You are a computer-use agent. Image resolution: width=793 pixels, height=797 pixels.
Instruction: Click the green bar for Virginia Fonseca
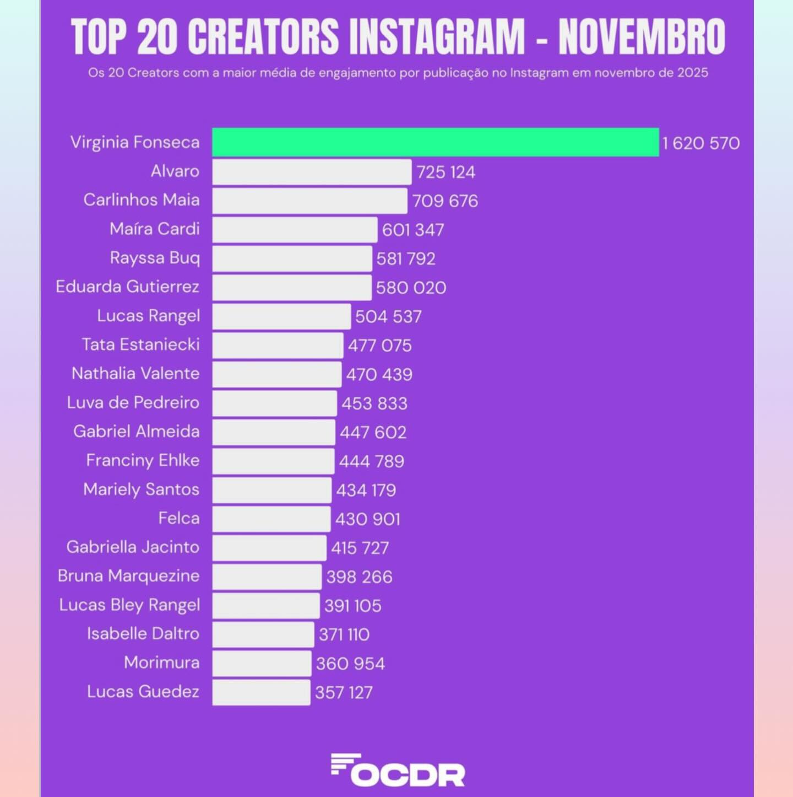pos(435,142)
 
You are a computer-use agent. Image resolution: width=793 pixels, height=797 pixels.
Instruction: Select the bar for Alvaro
pos(312,172)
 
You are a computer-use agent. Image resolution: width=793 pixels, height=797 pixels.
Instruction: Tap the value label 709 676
pos(445,201)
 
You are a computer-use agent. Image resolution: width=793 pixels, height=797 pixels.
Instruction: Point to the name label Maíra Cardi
pos(154,229)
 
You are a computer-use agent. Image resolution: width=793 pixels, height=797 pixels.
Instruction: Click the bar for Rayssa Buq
pos(292,259)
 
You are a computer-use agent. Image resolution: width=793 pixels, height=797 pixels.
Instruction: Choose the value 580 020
pos(411,288)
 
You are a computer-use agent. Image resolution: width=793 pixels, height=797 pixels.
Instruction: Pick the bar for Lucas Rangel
pos(281,316)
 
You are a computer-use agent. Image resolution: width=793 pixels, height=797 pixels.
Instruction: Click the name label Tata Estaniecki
pos(140,344)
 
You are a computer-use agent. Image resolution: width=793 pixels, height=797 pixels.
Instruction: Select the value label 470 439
pos(379,375)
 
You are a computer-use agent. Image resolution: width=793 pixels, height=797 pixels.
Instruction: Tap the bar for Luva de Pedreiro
pos(274,403)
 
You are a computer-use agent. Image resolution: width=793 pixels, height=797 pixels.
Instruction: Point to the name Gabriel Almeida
pos(136,431)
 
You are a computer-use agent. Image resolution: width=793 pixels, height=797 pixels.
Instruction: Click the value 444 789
pos(371,461)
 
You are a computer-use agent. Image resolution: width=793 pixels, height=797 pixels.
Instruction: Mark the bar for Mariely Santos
pos(271,490)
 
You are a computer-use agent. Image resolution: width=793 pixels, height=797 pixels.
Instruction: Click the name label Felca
pos(178,518)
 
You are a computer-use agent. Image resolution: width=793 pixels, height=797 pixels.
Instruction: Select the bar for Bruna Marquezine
pos(267,577)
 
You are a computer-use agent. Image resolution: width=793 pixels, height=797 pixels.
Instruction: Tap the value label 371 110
pos(344,634)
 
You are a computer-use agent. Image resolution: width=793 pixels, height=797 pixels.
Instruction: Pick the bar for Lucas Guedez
pos(261,692)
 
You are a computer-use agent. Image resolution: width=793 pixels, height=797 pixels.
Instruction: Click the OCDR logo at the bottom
pos(398,770)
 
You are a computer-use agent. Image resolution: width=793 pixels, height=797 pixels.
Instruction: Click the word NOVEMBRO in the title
pos(642,37)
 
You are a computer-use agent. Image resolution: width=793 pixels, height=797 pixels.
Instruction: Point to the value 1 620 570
pos(700,143)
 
